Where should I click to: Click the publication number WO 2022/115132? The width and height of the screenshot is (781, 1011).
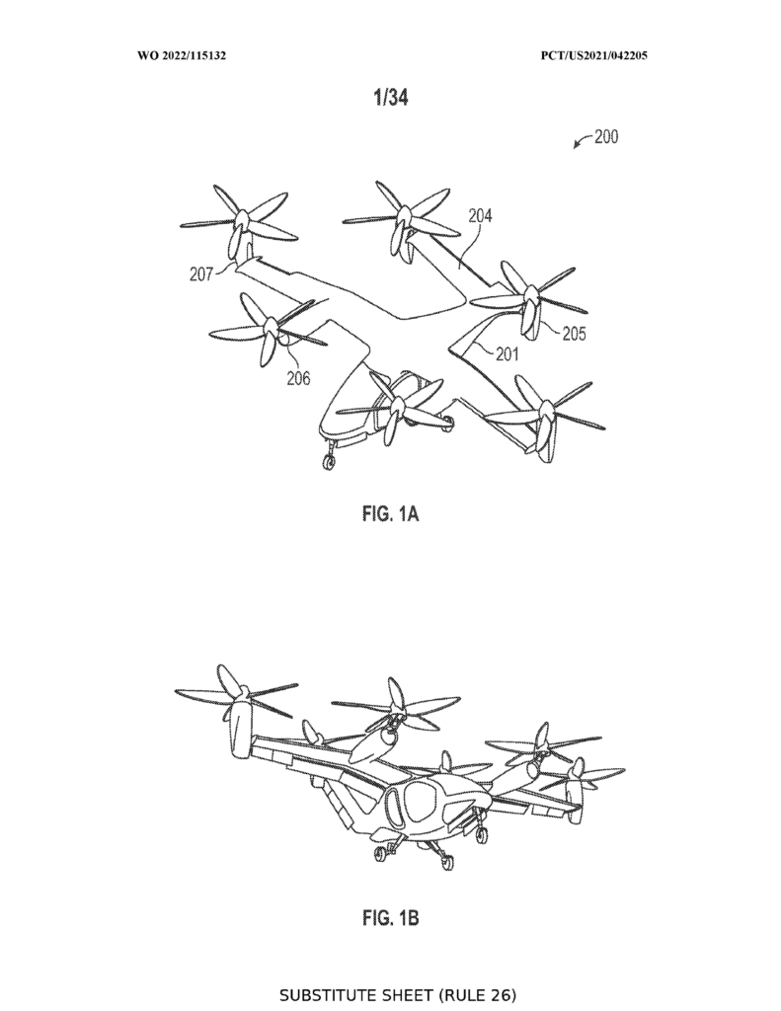pyautogui.click(x=182, y=55)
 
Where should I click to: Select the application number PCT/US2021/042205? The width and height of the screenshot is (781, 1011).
pyautogui.click(x=594, y=55)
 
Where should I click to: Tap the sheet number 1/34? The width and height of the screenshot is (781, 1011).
pyautogui.click(x=391, y=98)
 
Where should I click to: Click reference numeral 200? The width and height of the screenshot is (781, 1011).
pyautogui.click(x=606, y=136)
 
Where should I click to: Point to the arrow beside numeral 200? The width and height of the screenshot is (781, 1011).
pyautogui.click(x=582, y=140)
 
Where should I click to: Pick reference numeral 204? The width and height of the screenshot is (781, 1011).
pyautogui.click(x=480, y=215)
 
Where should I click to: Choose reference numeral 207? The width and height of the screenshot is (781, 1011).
pyautogui.click(x=201, y=274)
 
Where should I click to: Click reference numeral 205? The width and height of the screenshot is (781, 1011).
pyautogui.click(x=574, y=334)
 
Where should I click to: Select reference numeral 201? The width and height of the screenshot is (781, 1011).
pyautogui.click(x=507, y=353)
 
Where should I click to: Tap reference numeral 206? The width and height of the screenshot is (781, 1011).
pyautogui.click(x=298, y=378)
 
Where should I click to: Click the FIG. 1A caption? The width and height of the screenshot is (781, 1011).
pyautogui.click(x=391, y=513)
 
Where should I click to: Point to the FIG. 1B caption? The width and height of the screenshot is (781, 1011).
pyautogui.click(x=391, y=917)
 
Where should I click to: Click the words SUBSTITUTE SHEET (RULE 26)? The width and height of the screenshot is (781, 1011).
pyautogui.click(x=398, y=995)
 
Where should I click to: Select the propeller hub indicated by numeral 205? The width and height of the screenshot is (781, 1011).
pyautogui.click(x=531, y=296)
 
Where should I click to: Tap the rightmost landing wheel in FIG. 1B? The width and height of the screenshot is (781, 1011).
pyautogui.click(x=480, y=835)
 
